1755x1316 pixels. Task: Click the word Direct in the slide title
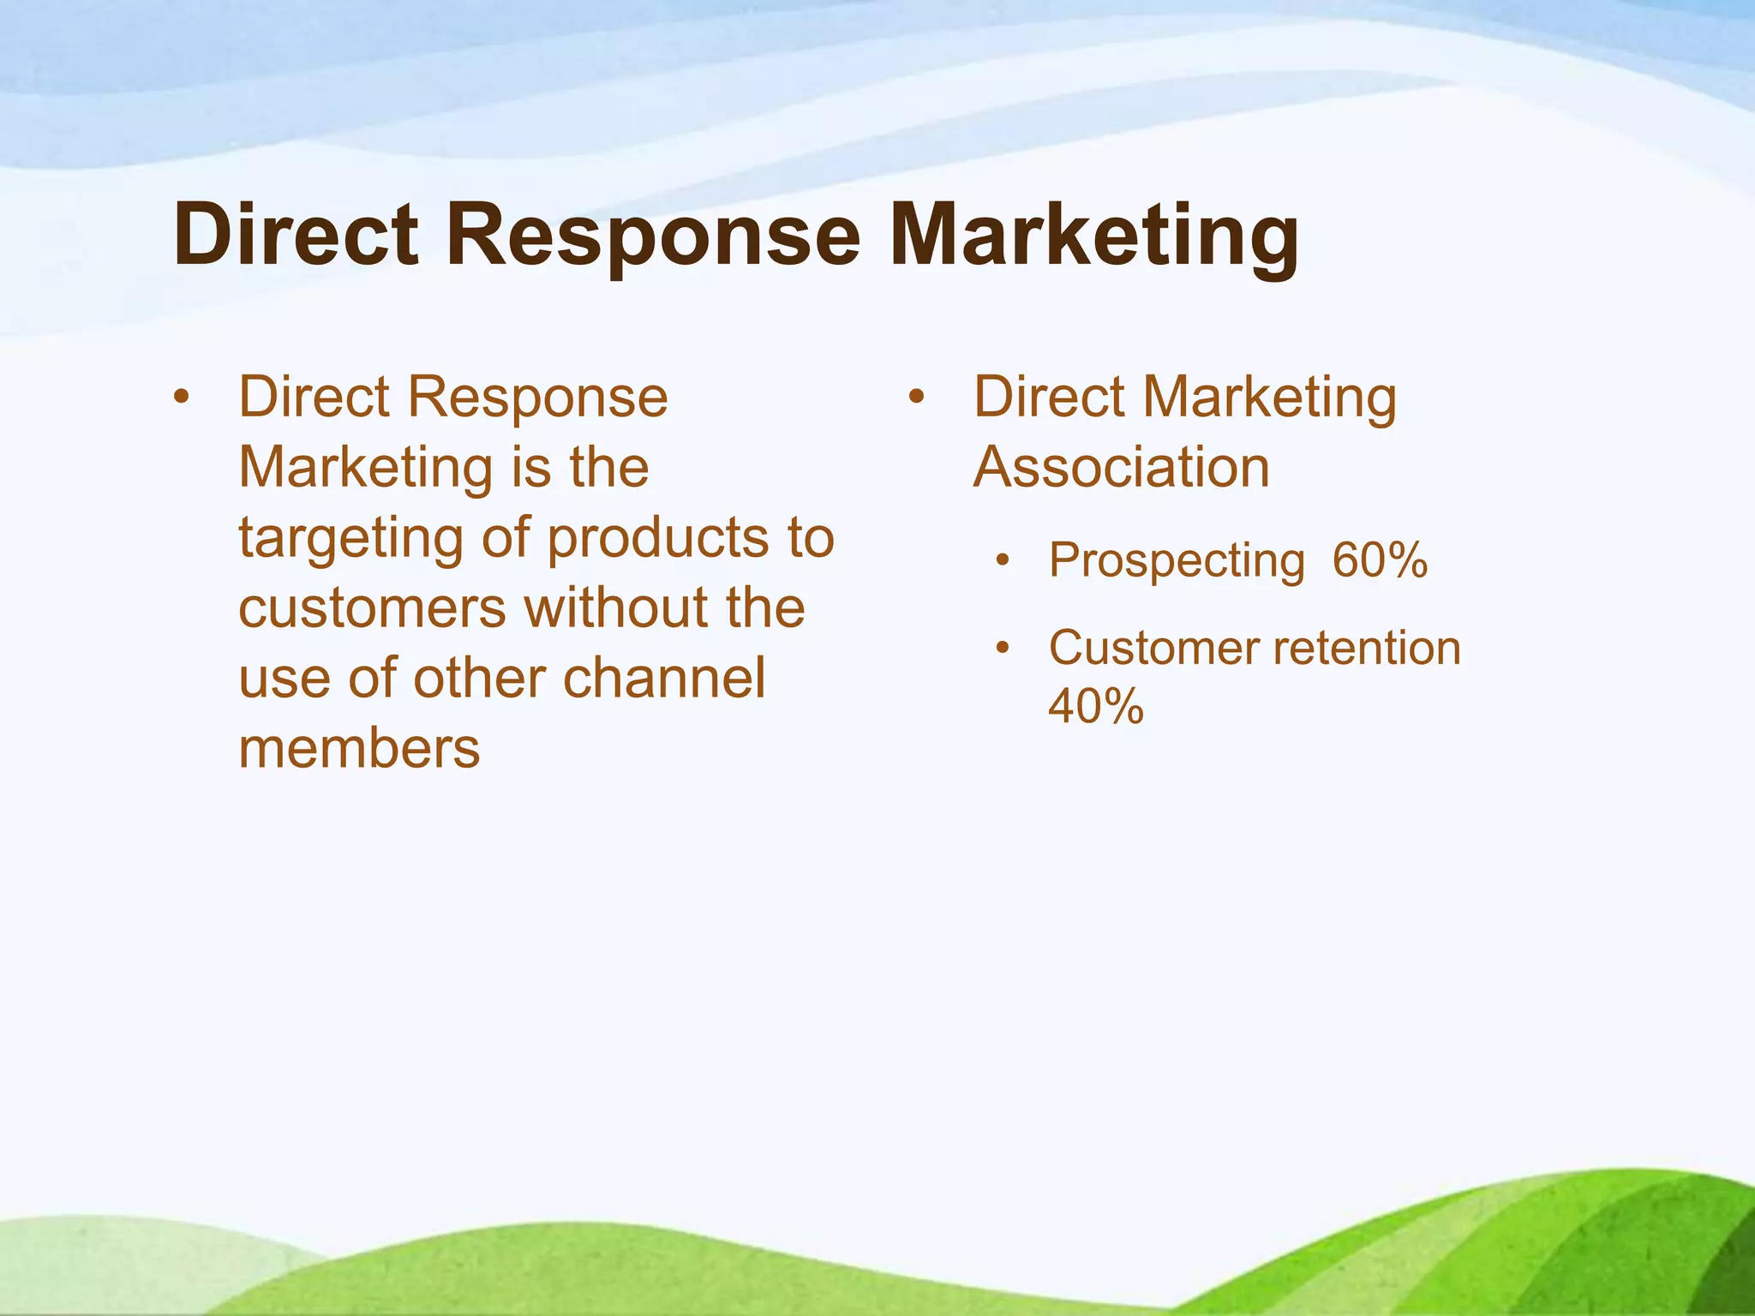tap(296, 236)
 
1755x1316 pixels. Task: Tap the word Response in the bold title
tap(653, 237)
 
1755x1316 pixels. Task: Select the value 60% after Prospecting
tap(1380, 560)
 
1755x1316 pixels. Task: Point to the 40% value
tap(1096, 706)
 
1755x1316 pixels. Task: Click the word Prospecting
tap(1177, 562)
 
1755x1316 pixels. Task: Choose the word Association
tap(1121, 468)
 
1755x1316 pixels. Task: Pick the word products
tap(658, 540)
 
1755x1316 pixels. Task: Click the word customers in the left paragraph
tap(372, 608)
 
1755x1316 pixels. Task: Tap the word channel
tap(664, 679)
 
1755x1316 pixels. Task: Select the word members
tap(359, 749)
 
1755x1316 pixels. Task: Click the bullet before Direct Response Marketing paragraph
tap(180, 398)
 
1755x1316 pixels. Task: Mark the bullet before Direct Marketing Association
tap(916, 398)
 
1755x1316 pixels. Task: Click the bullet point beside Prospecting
tap(1003, 562)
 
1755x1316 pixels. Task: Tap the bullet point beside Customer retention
tap(1003, 649)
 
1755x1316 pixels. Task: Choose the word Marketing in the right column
tap(1270, 399)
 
